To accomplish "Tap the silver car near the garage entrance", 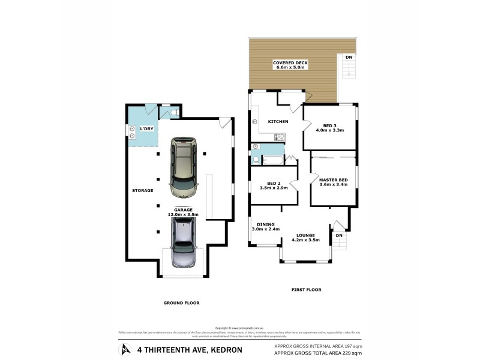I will click(x=184, y=242).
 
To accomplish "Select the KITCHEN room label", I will click(x=278, y=122).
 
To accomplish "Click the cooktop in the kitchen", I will click(x=280, y=137).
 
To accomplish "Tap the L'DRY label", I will click(x=146, y=130).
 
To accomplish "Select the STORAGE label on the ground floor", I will click(x=143, y=190).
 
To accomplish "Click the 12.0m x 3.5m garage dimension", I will click(x=184, y=214).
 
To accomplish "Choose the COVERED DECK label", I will click(x=290, y=62).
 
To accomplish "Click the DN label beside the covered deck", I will click(x=349, y=57).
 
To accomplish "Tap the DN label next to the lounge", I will click(x=339, y=235).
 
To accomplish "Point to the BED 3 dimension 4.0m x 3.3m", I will click(x=330, y=130).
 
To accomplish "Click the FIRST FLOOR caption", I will click(x=306, y=290).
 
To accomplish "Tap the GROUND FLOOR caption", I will click(x=181, y=303).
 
